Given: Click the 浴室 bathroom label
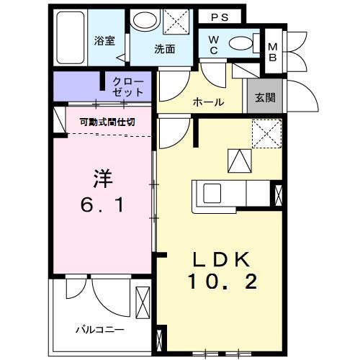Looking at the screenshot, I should [105, 41].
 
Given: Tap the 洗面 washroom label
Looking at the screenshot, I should [164, 50].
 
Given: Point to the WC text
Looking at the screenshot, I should [215, 45].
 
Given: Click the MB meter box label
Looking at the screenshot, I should [273, 52].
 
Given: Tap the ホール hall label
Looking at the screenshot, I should [208, 102].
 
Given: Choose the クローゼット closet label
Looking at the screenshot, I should [128, 87].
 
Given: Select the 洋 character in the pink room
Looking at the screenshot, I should [104, 176].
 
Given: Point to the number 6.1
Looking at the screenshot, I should [102, 206].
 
